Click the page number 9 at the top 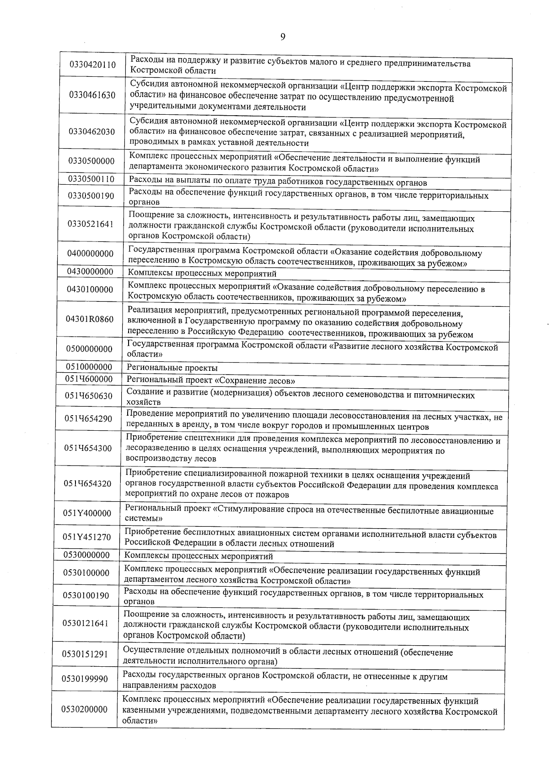282,37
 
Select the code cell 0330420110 92,64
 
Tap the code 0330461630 92,95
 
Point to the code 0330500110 91,179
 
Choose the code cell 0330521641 90,224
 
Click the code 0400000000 90,253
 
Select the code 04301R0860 90,319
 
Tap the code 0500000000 89,349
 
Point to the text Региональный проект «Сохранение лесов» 210,381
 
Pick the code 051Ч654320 87,483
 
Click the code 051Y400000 87,513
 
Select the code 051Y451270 87,537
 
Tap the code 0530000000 86,555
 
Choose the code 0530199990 86,679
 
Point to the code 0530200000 85,709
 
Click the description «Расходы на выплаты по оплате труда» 278,183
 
